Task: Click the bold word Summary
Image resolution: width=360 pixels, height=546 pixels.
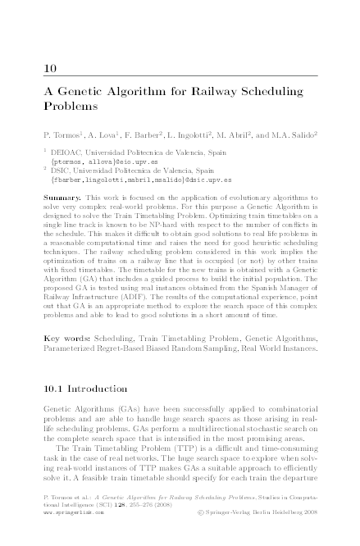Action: coord(62,199)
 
